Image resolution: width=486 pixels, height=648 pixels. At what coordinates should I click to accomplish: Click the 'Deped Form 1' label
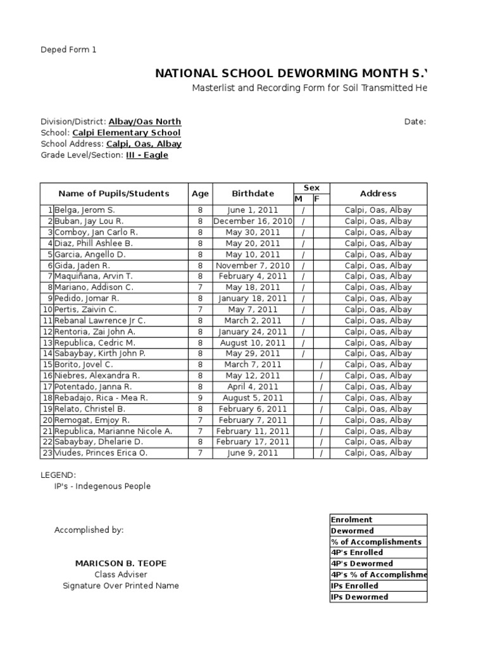point(69,49)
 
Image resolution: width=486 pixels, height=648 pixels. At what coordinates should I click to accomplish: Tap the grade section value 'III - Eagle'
point(147,155)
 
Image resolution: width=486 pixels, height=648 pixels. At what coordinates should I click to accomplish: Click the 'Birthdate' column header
point(252,194)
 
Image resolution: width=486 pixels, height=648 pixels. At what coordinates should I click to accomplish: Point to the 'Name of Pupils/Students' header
point(114,194)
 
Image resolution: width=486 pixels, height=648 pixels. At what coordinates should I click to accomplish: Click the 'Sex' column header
point(312,188)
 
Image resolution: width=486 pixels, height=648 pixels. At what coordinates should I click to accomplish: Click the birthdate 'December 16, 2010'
point(252,221)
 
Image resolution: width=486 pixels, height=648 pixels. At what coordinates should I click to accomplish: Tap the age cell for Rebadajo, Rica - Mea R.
point(200,398)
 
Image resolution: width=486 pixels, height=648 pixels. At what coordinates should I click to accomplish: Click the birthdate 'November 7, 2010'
point(252,266)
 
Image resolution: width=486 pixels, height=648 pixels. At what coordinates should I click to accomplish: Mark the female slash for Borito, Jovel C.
point(321,365)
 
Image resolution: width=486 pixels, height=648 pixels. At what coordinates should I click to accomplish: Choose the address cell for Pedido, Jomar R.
point(378,299)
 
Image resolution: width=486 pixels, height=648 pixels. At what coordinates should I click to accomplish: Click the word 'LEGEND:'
point(59,475)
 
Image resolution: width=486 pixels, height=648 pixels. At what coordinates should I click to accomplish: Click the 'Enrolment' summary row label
point(351,520)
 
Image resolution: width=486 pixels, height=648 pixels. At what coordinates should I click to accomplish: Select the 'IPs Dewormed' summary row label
point(359,597)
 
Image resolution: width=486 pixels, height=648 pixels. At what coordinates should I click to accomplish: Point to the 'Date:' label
point(415,121)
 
